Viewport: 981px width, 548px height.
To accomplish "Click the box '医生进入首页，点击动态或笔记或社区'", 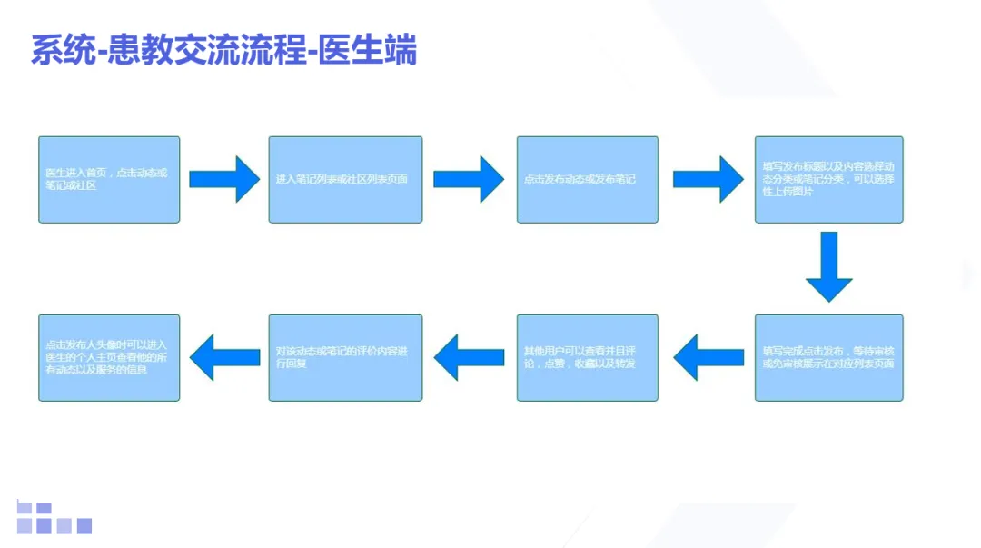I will pos(109,179).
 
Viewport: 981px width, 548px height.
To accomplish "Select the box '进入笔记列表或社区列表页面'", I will pos(345,179).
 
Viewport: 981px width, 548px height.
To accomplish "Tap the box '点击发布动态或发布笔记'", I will pos(587,179).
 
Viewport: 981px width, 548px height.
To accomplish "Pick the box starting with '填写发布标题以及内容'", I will pos(828,179).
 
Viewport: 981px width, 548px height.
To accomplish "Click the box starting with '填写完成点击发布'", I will pos(828,357).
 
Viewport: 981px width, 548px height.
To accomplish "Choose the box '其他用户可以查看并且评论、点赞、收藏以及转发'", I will pos(587,357).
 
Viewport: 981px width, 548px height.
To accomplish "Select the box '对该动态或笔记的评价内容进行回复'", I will pos(345,357).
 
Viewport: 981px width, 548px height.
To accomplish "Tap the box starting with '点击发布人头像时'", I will pos(109,357).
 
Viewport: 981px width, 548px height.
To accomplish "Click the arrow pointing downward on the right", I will pos(828,266).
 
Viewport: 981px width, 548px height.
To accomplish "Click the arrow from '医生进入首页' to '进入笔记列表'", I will pos(224,178).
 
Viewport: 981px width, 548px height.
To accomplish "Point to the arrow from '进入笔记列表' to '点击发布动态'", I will pos(469,178).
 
